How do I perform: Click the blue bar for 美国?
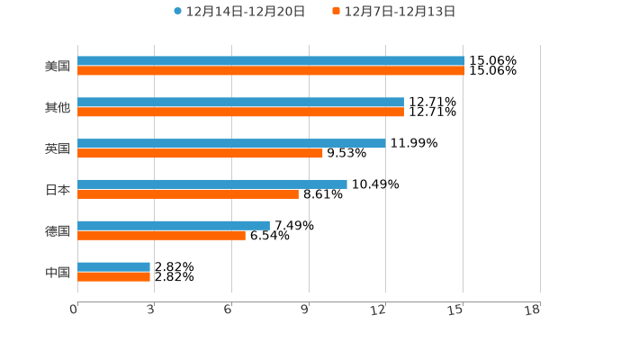271,61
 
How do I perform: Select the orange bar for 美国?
271,70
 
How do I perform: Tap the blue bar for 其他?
240,103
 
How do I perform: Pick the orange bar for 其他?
240,112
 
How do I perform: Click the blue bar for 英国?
231,143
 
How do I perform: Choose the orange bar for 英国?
200,153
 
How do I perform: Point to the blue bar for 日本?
212,184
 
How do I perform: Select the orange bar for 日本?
188,193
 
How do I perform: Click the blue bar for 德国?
174,225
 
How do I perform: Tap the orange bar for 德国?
161,235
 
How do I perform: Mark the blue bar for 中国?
113,266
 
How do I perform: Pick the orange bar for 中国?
113,276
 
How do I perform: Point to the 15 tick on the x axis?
457,310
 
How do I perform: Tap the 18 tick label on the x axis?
533,310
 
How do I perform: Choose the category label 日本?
58,190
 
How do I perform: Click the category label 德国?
58,230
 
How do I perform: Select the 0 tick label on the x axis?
74,310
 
